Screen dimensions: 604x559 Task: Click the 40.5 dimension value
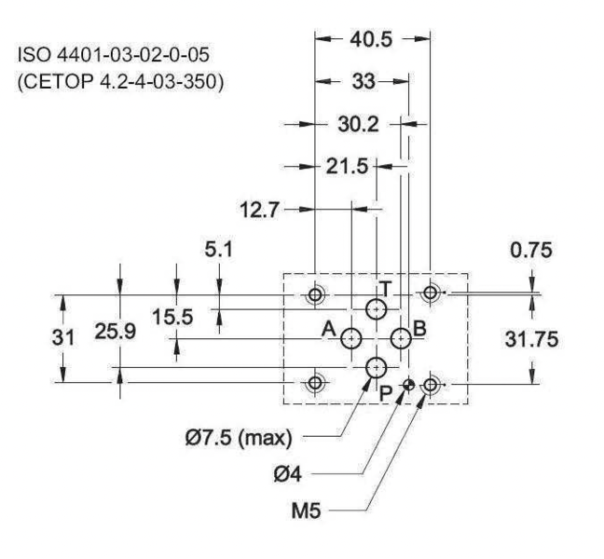[371, 39]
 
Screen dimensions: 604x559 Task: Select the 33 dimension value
[364, 82]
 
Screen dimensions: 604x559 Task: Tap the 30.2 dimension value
[358, 124]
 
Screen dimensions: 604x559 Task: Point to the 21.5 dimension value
[347, 167]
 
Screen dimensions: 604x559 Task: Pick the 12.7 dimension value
[259, 211]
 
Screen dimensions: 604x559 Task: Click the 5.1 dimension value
[219, 250]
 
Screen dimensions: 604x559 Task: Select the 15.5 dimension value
[172, 317]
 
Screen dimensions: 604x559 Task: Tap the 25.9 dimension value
[116, 332]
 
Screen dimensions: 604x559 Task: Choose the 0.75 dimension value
[531, 250]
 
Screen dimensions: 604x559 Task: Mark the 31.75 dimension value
[531, 339]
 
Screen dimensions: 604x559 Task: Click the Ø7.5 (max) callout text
[239, 438]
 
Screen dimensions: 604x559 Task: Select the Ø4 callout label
[287, 475]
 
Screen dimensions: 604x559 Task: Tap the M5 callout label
[307, 511]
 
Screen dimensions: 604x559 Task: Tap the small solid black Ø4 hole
[408, 384]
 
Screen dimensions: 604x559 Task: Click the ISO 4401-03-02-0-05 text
[114, 55]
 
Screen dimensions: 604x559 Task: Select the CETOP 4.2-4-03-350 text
[120, 82]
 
